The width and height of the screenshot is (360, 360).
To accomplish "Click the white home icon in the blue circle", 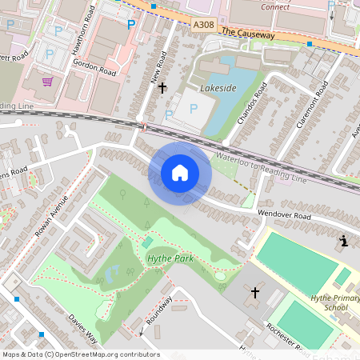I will tap(180, 172).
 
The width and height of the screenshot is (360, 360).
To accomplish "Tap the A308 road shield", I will tap(204, 26).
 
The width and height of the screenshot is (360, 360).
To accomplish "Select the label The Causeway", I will tap(248, 34).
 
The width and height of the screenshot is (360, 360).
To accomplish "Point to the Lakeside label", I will tap(218, 88).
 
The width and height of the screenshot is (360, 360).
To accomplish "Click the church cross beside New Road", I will tap(162, 87).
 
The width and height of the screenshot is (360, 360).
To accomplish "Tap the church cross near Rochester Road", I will tap(255, 293).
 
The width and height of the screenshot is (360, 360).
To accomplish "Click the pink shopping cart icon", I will tap(48, 81).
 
